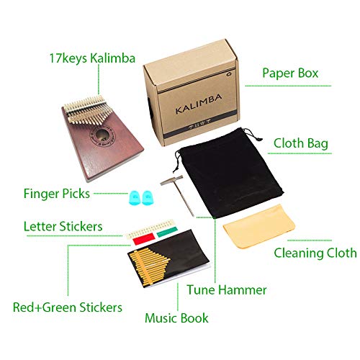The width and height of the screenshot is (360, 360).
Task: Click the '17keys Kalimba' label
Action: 92,58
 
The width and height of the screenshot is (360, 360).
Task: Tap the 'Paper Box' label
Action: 290,73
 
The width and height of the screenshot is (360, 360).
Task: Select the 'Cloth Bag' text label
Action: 301,143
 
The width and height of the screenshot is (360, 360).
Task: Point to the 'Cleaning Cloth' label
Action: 315,253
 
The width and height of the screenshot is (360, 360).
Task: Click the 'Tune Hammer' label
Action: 227,290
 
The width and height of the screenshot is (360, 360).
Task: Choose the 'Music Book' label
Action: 176,318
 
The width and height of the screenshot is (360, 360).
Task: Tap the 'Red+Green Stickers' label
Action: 68,307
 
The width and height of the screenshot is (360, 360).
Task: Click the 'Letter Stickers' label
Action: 63,226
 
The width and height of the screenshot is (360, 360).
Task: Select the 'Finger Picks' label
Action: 57,194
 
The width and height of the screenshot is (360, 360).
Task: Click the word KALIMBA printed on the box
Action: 199,104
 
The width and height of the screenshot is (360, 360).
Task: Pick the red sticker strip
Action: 143,239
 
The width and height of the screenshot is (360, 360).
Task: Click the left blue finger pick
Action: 135,197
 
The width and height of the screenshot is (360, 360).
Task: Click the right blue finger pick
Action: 147,197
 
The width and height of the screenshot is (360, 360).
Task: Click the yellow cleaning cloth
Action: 259,227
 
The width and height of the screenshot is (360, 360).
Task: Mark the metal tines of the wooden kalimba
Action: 86,109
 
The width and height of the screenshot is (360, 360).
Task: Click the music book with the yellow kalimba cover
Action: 168,258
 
